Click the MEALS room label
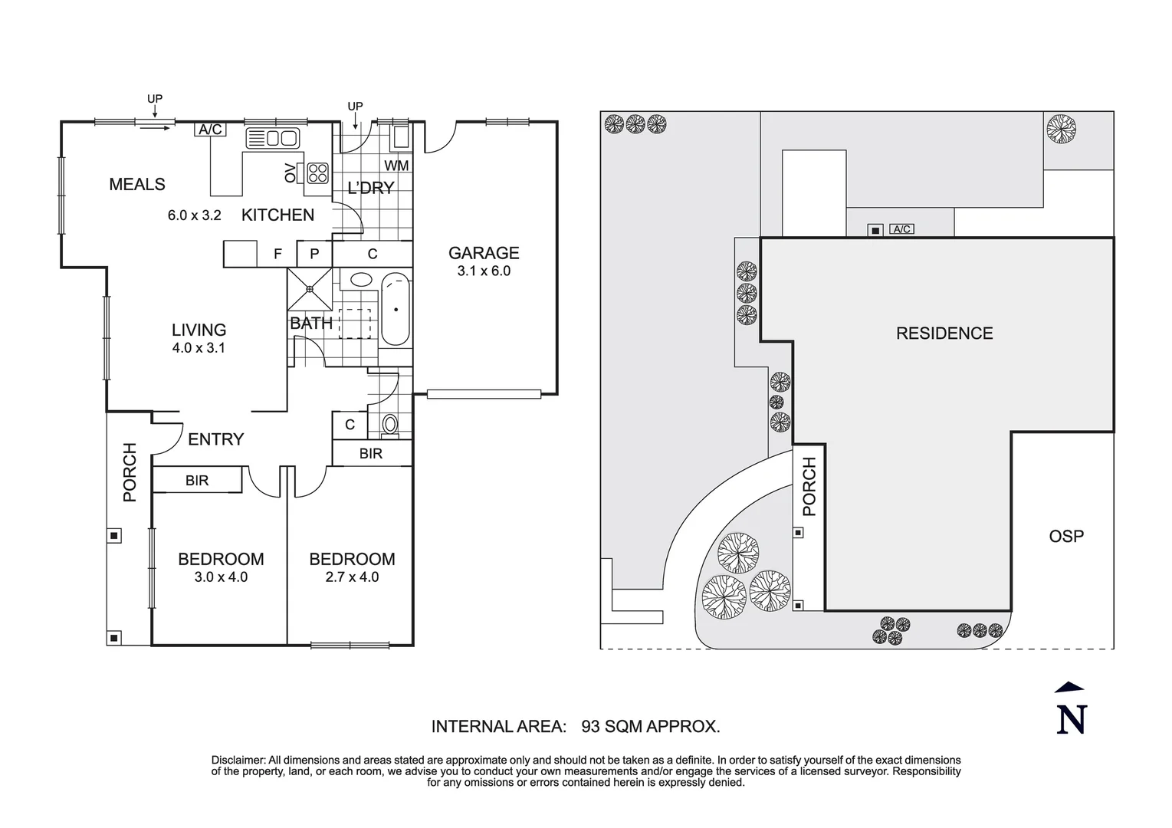point(137,184)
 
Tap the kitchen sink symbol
point(273,138)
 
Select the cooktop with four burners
point(317,172)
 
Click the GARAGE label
point(484,253)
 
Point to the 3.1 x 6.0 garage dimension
point(484,271)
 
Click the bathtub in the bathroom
point(396,309)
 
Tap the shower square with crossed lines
point(310,288)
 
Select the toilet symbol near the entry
point(390,425)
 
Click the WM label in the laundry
point(396,166)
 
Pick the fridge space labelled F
point(277,254)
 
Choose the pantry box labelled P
point(314,254)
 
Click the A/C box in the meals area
point(210,130)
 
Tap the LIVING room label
point(199,330)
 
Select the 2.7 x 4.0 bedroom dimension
point(352,577)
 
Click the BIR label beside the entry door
point(197,481)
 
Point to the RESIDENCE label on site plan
point(944,333)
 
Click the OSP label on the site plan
point(1066,536)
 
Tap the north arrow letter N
point(1071,720)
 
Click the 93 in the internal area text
point(591,727)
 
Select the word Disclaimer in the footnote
point(238,760)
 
